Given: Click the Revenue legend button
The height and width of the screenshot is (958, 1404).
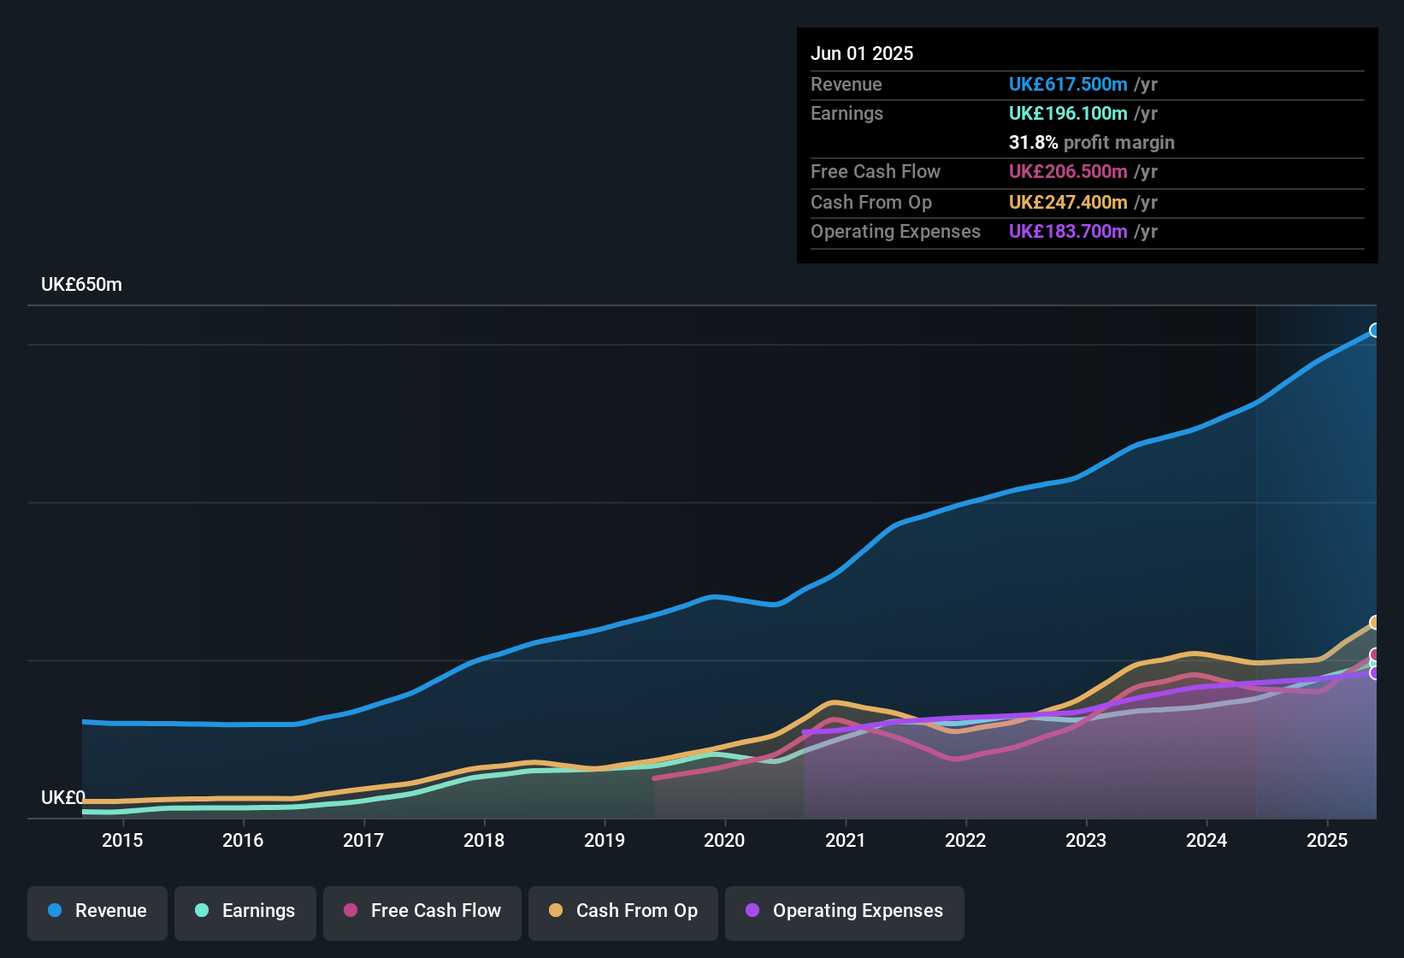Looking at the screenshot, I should coord(97,911).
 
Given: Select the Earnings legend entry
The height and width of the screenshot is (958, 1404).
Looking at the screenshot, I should coord(245,911).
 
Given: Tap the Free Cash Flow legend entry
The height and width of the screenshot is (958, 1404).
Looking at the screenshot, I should coord(422,911).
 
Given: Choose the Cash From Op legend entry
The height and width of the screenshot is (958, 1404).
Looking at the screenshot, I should coord(623,911).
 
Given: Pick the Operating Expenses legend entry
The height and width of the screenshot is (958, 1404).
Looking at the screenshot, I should coord(845,911).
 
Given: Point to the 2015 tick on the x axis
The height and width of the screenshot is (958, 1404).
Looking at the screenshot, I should coord(122,840).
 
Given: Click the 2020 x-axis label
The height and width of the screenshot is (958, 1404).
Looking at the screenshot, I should coord(724,840).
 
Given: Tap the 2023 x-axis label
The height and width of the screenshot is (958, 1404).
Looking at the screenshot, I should coord(1086,840).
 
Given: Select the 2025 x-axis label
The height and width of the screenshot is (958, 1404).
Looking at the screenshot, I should coord(1327,840).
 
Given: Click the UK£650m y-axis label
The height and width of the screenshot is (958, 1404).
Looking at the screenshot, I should coord(81,285).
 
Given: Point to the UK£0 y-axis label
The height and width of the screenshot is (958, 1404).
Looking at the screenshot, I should coord(62,797).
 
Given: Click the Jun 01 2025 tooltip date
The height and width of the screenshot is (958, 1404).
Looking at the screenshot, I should coord(862,53).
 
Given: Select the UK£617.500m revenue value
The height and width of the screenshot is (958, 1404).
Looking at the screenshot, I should coord(1068,84).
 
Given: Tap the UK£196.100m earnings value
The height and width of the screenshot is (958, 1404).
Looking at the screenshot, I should coord(1068,113).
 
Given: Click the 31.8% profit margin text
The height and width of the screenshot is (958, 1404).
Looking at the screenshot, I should coord(1091,142).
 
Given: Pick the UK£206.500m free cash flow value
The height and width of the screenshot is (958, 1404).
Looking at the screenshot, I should coord(1068,171).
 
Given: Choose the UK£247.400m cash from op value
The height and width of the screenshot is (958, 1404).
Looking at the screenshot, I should coord(1068,202).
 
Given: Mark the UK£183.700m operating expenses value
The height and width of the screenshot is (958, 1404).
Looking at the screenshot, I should coord(1068,231).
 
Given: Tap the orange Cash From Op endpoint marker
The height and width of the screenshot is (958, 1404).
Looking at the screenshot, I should coord(1375,622).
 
